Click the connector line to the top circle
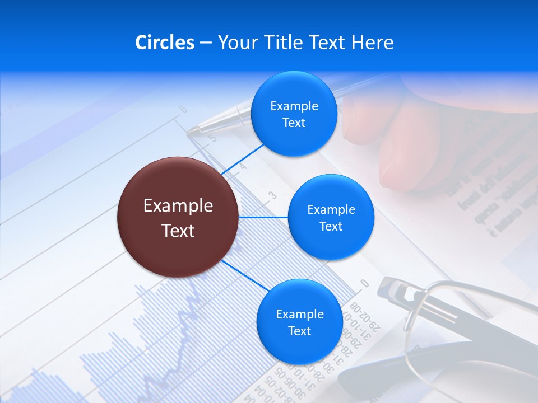[242, 159]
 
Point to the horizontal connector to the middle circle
[263, 217]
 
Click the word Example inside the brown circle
[178, 206]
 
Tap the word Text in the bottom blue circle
[299, 331]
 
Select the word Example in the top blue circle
[294, 106]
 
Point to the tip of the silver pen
[191, 132]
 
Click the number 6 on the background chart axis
[183, 110]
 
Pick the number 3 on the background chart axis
[273, 195]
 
